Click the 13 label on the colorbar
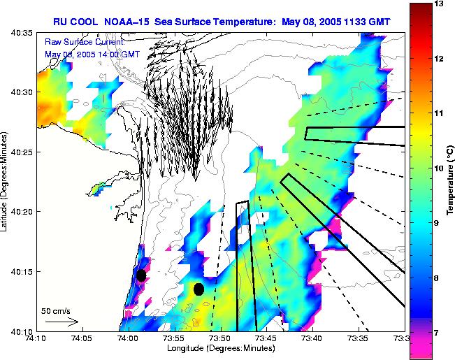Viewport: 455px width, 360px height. click(440, 4)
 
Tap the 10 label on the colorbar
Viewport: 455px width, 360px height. click(440, 168)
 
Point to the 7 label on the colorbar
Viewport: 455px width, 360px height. click(439, 333)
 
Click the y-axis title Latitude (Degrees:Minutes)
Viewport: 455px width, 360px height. click(6, 181)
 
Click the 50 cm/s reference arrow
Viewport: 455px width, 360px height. click(62, 322)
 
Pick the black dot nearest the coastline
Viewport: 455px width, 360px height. click(141, 275)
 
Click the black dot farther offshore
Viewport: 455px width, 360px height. click(199, 289)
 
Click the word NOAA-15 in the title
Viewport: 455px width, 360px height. click(133, 21)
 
